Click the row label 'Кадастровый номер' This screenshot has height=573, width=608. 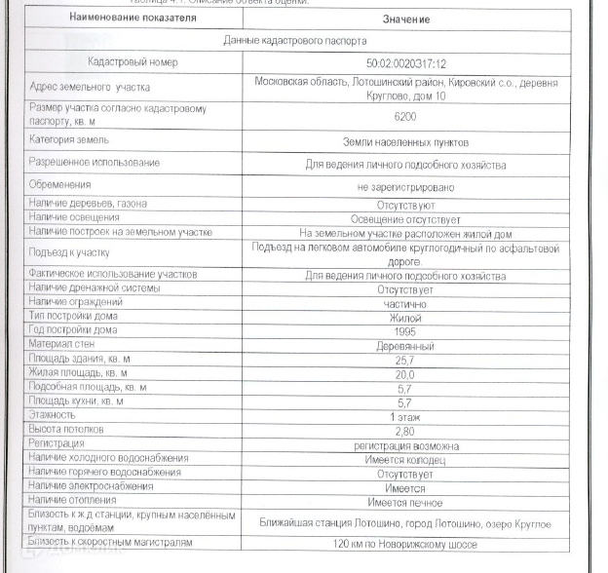[133, 62]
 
